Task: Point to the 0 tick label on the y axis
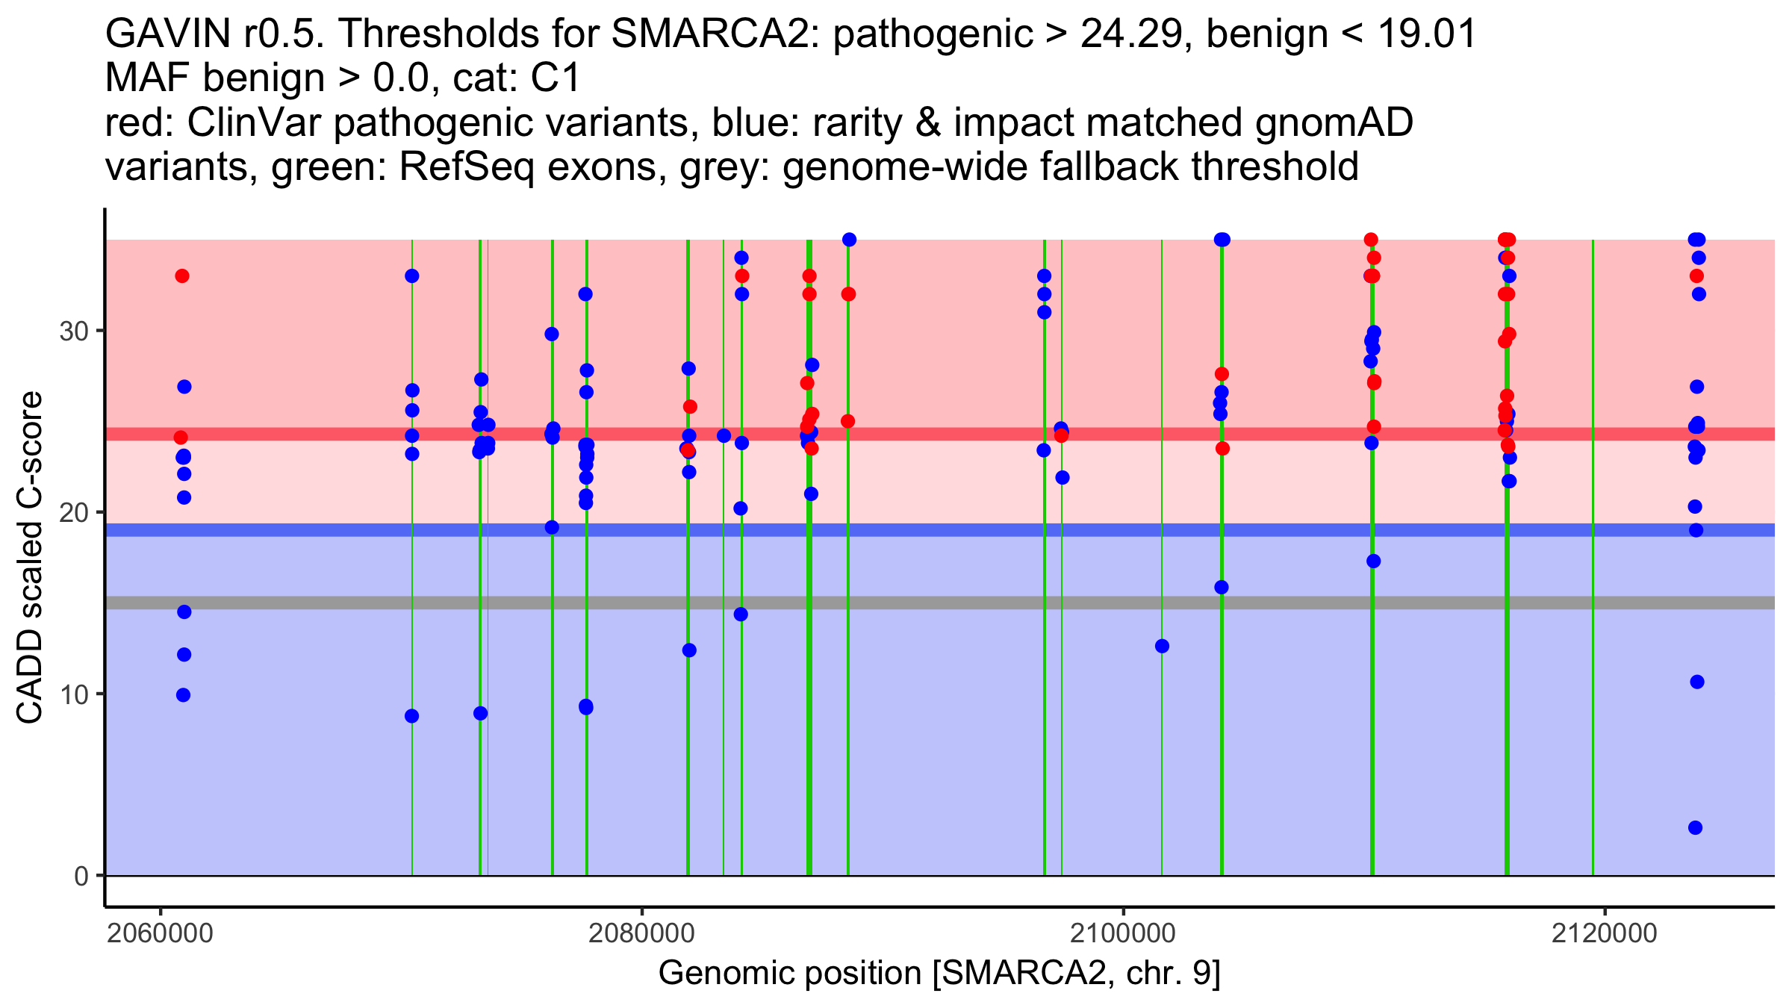pos(81,876)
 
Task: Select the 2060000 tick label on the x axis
pos(160,933)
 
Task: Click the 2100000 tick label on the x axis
pos(1123,933)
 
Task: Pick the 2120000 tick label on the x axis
pos(1605,933)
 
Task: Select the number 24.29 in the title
pos(1126,34)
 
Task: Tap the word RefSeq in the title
pos(466,167)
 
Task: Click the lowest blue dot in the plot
pos(1695,827)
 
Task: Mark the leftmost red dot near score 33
pos(182,276)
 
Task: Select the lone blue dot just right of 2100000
pos(1162,646)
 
